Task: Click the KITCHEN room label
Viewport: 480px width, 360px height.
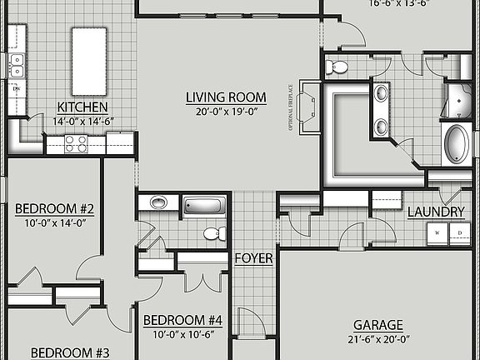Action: click(82, 106)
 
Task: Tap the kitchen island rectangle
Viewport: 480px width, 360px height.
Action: click(88, 61)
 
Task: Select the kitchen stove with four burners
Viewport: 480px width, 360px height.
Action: click(77, 145)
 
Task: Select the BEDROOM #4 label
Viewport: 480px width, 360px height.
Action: click(182, 320)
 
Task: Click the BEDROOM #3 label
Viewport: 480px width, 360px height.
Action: click(58, 352)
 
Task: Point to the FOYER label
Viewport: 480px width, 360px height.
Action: click(253, 258)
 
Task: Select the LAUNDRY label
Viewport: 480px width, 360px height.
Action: click(435, 212)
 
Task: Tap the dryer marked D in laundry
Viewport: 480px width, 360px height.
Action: click(457, 234)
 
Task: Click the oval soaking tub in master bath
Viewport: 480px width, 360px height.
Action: click(457, 144)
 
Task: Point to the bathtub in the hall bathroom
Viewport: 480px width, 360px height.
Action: click(204, 205)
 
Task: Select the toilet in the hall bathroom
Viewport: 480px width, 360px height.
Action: click(212, 233)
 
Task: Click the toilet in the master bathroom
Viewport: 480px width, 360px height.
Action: click(337, 67)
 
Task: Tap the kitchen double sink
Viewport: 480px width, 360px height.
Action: click(16, 65)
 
